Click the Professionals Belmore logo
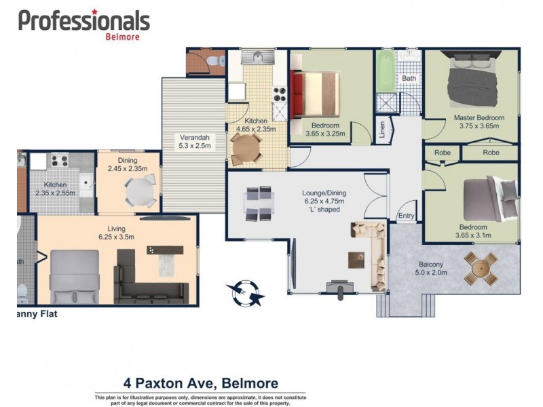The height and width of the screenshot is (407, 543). coord(83,24)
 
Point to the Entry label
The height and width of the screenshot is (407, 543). coord(406,216)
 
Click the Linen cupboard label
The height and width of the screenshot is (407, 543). coord(381,130)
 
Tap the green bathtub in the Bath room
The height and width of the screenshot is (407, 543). coord(386,71)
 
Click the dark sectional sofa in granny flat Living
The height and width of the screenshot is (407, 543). coord(146,278)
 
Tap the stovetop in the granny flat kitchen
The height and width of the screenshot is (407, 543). coord(55,161)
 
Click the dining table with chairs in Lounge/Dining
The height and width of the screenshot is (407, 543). coord(260,203)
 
